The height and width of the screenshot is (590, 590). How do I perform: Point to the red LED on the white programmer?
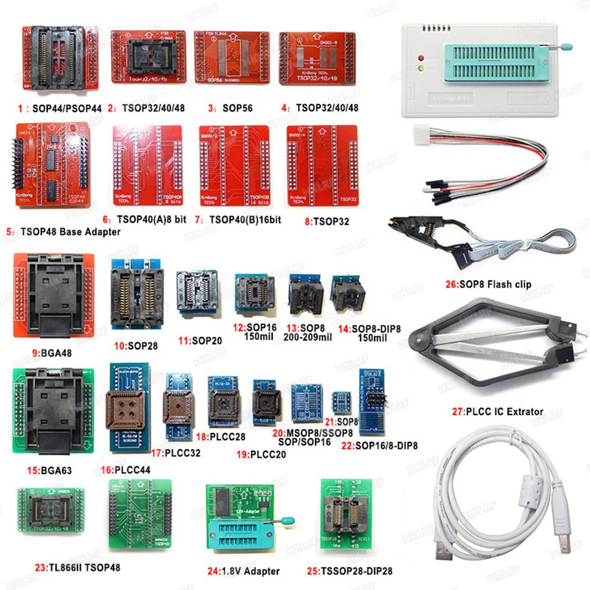tap(420, 58)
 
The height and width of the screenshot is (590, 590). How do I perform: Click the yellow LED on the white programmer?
tap(420, 69)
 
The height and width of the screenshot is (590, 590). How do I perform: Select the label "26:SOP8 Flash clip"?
tap(488, 284)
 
